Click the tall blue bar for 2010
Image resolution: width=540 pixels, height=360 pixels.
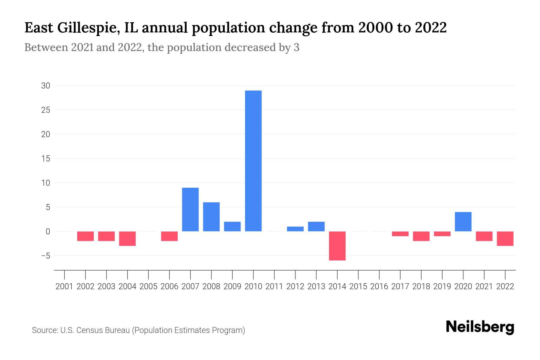point(253,161)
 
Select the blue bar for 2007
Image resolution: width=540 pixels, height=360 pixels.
point(190,209)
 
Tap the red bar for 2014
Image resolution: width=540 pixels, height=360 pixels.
point(337,246)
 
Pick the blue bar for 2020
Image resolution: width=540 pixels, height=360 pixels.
point(463,222)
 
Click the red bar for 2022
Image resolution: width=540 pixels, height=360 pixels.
point(505,238)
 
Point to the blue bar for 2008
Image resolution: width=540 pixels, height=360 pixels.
point(211,217)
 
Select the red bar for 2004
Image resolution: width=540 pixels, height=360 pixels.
point(127,238)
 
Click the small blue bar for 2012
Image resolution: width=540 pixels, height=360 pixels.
point(295,229)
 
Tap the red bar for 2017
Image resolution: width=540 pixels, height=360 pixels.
point(400,234)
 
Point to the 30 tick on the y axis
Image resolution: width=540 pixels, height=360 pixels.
point(46,86)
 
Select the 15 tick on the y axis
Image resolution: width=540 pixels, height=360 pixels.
point(46,159)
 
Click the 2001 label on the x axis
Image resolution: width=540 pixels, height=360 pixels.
point(64,286)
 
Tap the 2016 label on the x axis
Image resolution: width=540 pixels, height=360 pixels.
point(379,286)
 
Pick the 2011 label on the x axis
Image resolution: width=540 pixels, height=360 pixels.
point(274,286)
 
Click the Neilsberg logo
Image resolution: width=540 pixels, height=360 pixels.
point(480,327)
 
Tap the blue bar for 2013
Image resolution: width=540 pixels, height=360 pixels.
point(316,226)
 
